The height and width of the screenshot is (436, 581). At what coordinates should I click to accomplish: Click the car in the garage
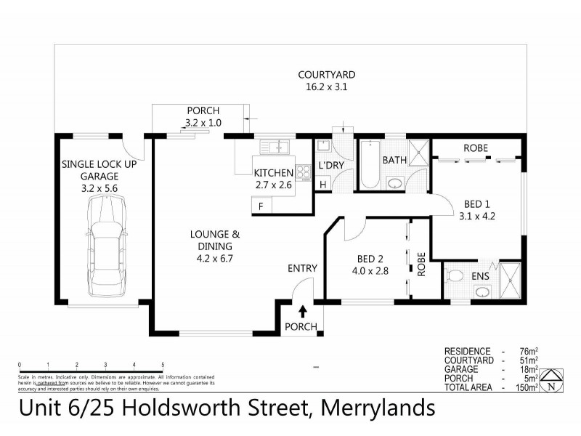coord(103,247)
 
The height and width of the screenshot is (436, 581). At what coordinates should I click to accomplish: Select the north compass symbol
coord(553,380)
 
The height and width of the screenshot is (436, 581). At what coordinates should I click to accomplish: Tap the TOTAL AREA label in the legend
coord(468,387)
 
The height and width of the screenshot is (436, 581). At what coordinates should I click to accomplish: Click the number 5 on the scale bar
coord(163,365)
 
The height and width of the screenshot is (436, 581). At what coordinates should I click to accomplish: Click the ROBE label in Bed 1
coord(476,148)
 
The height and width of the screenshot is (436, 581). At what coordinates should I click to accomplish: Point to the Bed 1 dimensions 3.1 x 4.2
coord(477,215)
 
